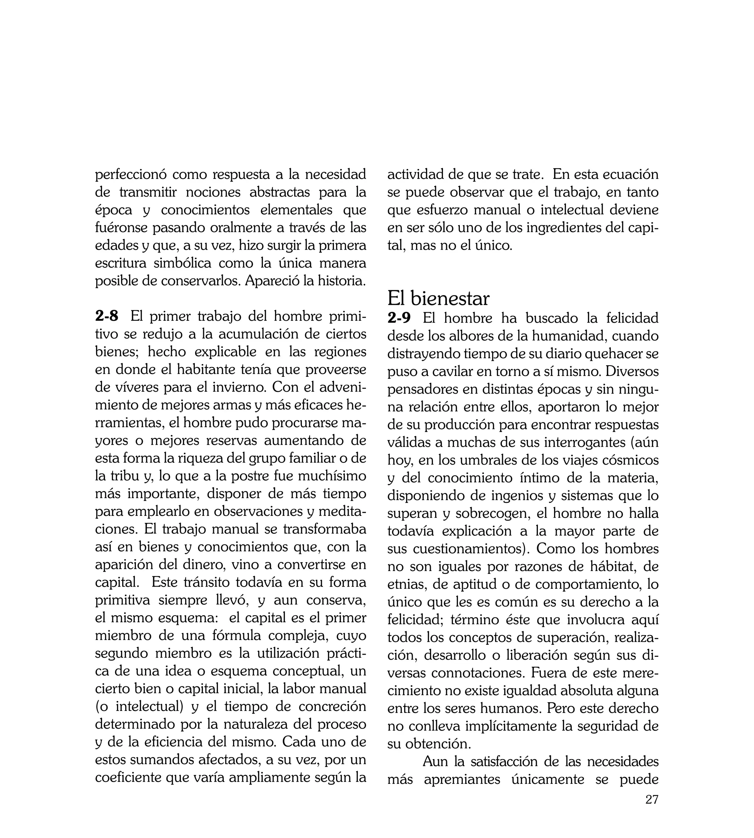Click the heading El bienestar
point(438,298)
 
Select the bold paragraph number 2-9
point(399,318)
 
